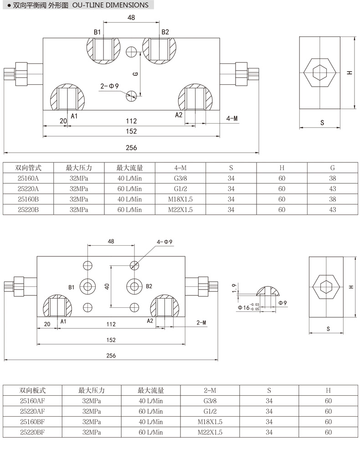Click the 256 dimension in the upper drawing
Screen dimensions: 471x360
[131, 147]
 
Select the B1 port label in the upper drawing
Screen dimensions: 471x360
[97, 32]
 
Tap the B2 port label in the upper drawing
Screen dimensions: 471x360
[165, 32]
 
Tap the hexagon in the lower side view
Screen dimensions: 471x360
[326, 287]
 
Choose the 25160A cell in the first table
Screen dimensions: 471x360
[28, 178]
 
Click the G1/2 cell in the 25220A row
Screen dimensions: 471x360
[180, 188]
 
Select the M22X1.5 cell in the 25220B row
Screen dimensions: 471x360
[180, 210]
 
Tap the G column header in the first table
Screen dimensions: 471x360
[332, 168]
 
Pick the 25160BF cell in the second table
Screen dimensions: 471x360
[33, 422]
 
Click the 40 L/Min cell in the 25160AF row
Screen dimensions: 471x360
[151, 401]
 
